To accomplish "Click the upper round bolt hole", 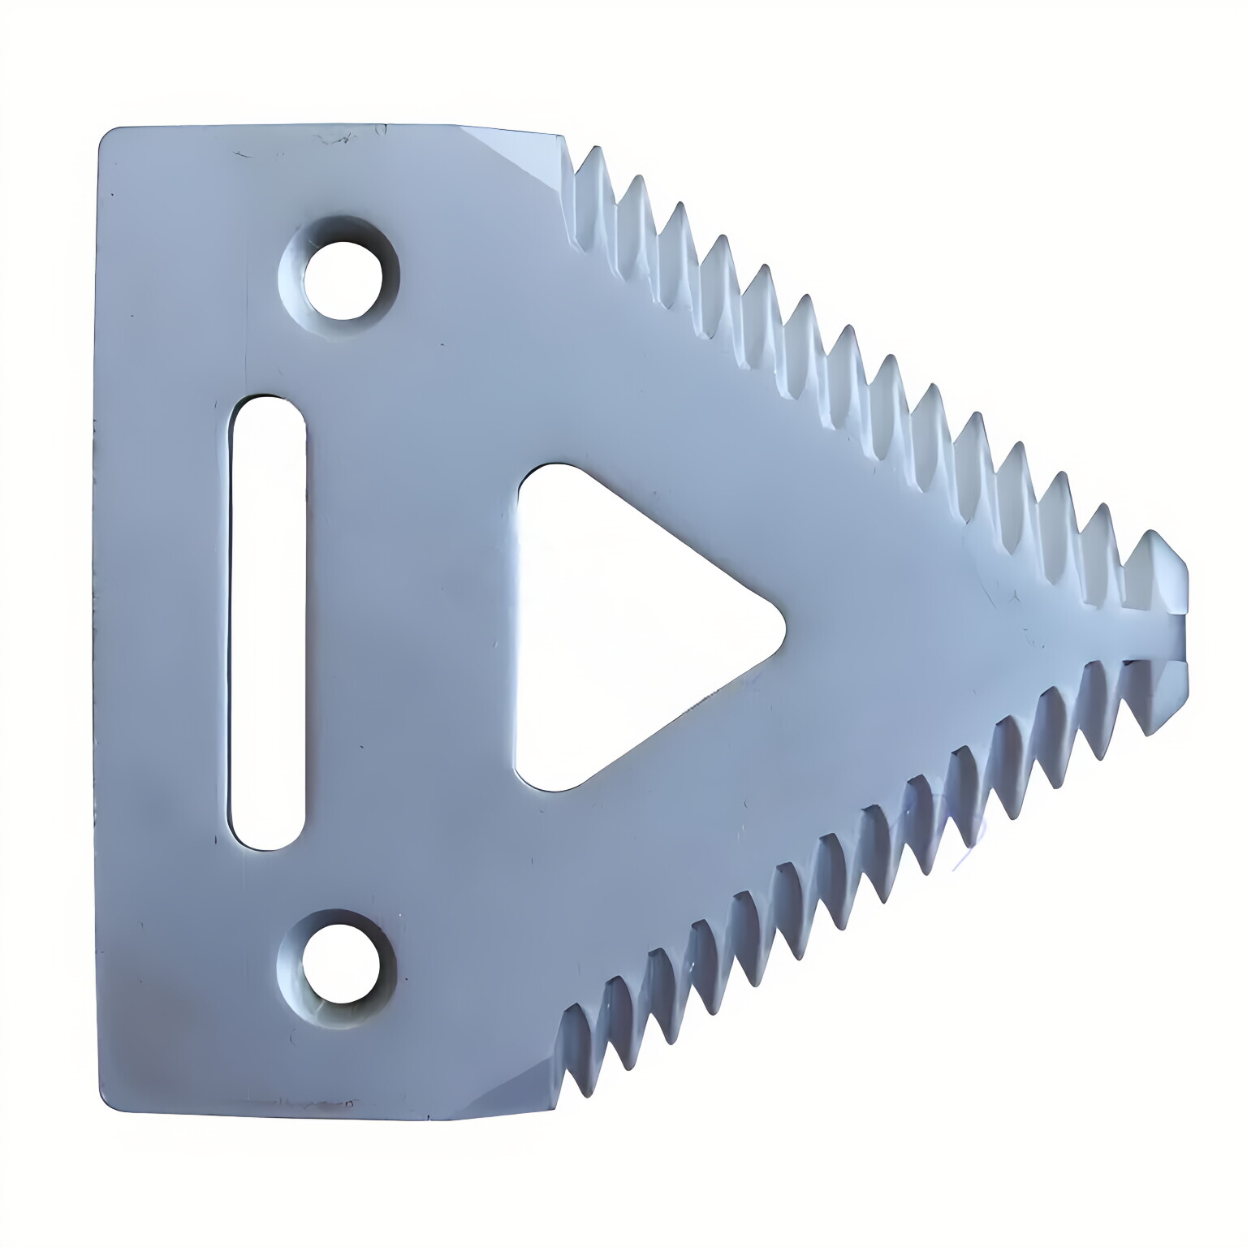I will pos(342,273).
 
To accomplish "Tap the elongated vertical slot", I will pos(267,622).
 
